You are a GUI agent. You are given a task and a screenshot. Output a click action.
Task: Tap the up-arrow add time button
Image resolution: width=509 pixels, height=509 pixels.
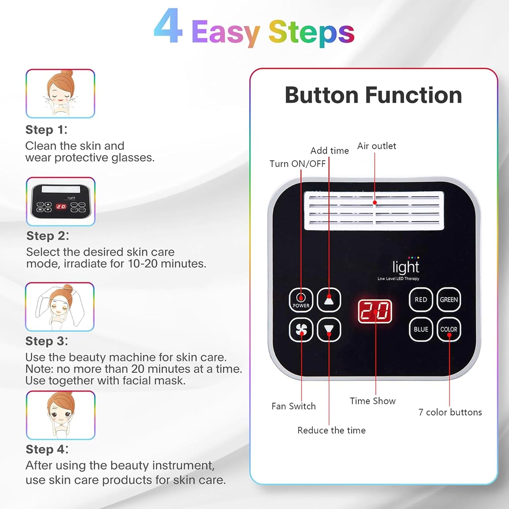(329, 300)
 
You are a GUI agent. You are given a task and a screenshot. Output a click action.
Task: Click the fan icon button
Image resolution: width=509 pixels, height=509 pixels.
(301, 330)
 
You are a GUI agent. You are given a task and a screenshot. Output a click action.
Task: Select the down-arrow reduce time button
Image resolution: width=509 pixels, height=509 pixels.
(329, 330)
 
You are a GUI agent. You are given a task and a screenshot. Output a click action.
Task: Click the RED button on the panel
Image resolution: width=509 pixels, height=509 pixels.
(421, 300)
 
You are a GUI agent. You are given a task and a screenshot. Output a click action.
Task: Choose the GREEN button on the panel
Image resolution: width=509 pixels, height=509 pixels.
(449, 300)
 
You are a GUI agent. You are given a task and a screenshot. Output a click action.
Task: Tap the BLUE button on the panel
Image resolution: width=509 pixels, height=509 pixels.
(421, 330)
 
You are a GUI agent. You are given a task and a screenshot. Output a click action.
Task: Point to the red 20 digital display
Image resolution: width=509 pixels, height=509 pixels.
(375, 311)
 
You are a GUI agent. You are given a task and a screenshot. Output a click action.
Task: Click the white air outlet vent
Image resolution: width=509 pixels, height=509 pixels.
(374, 211)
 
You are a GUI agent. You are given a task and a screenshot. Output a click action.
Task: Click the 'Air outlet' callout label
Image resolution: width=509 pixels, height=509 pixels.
(377, 146)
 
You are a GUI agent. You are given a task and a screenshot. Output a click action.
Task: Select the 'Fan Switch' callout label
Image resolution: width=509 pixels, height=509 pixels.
(293, 406)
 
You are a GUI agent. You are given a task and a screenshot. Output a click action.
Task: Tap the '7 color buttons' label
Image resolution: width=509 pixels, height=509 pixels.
(450, 412)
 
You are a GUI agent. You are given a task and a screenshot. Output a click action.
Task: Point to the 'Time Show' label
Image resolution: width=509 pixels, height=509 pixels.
(372, 401)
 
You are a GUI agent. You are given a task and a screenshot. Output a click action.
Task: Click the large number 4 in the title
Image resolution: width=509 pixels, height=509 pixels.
(168, 27)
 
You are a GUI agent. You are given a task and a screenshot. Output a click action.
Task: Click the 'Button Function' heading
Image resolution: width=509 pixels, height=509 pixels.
(373, 95)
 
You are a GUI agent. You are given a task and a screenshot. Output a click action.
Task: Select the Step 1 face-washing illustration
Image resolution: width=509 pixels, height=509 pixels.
(60, 94)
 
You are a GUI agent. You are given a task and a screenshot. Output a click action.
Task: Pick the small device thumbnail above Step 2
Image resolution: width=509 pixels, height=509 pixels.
(61, 201)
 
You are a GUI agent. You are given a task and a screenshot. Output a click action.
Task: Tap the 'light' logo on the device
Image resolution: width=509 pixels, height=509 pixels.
(405, 267)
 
